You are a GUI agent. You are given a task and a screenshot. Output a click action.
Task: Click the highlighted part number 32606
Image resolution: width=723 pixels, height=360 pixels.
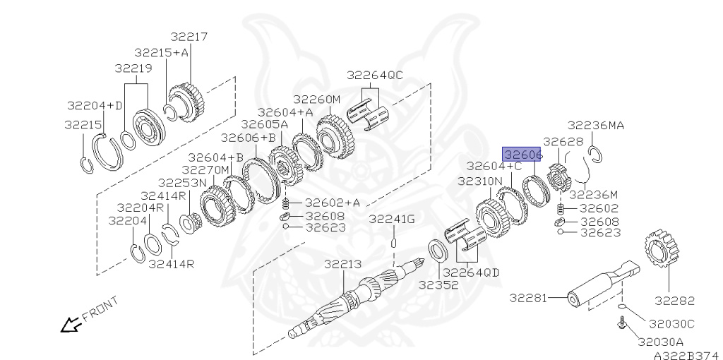[522, 155]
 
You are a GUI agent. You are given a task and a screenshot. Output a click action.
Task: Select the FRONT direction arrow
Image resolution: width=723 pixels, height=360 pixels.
[71, 325]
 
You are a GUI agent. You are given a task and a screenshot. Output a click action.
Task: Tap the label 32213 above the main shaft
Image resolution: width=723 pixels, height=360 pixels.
[342, 265]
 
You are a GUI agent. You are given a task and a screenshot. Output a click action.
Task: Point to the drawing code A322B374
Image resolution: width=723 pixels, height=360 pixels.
[686, 355]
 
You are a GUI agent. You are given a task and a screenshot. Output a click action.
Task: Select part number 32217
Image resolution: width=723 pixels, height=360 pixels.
[189, 37]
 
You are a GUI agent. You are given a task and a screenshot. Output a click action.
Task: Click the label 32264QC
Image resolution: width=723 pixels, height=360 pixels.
[374, 75]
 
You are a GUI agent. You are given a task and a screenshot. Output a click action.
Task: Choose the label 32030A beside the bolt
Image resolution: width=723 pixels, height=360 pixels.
[660, 342]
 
